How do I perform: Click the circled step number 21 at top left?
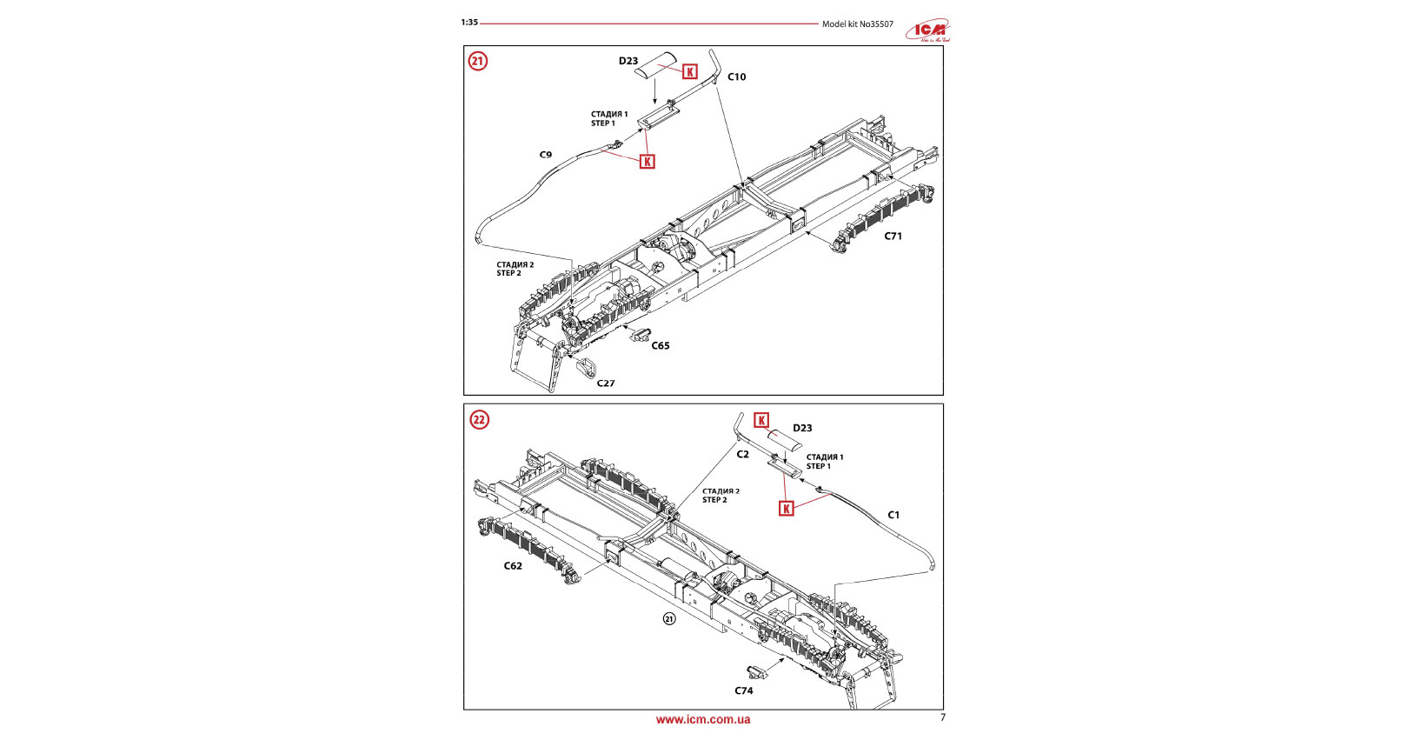[478, 61]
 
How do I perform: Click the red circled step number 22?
[480, 420]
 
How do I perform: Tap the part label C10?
[736, 77]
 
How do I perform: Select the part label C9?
[546, 155]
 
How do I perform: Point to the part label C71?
[893, 236]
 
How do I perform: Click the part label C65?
[661, 345]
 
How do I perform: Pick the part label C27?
[606, 383]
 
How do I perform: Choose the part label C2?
[742, 454]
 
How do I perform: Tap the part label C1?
[893, 515]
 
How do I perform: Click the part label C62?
[513, 566]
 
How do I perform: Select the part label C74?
[744, 690]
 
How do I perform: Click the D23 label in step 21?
[628, 61]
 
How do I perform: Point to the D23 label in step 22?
[802, 428]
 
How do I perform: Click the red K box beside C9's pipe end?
[648, 162]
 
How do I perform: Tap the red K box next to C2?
[761, 421]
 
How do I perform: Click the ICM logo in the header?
[929, 30]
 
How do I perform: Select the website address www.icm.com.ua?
[703, 720]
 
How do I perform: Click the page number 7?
[943, 717]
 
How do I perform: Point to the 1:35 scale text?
[469, 23]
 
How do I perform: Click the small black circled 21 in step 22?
[669, 619]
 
